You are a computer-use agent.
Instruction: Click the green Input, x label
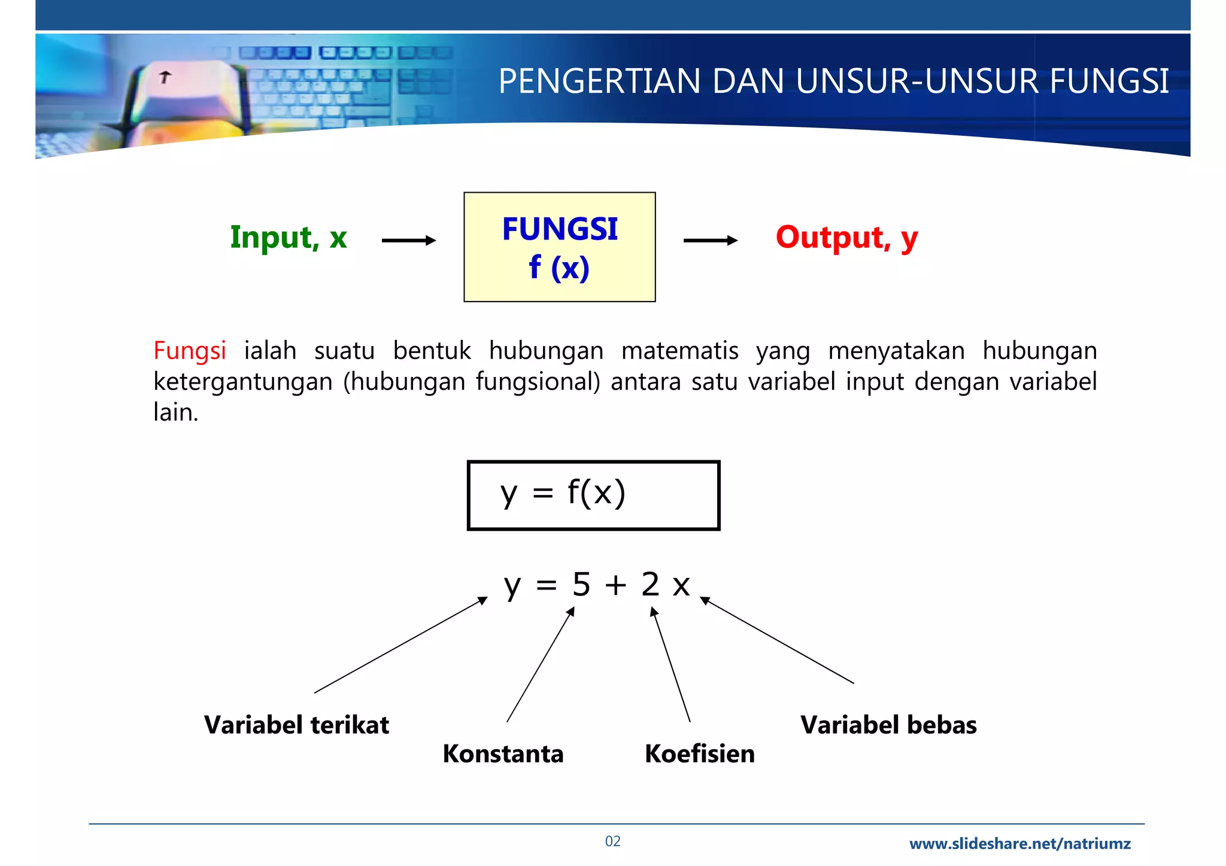click(289, 238)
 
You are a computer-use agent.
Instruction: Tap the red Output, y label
click(846, 238)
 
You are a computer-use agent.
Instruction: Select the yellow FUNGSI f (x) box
click(559, 247)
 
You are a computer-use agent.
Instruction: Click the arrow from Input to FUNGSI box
click(409, 241)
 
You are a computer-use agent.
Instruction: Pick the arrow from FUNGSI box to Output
click(711, 241)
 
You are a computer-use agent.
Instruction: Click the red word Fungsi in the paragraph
click(190, 351)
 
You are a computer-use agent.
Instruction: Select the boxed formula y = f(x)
click(593, 495)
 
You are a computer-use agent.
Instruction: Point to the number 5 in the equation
click(581, 584)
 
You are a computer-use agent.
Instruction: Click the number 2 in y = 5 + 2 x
click(650, 584)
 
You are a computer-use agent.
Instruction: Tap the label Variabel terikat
click(296, 725)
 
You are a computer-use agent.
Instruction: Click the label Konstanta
click(503, 753)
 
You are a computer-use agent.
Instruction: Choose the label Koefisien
click(699, 753)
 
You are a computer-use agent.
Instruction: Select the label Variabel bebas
click(888, 725)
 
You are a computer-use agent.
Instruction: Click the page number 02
click(612, 841)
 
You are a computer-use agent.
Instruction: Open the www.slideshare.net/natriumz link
click(1019, 844)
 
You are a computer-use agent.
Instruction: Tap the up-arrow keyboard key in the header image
click(165, 77)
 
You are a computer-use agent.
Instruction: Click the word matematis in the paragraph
click(679, 351)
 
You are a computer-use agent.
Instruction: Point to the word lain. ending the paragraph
click(175, 412)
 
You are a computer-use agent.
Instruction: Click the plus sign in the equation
click(615, 585)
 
